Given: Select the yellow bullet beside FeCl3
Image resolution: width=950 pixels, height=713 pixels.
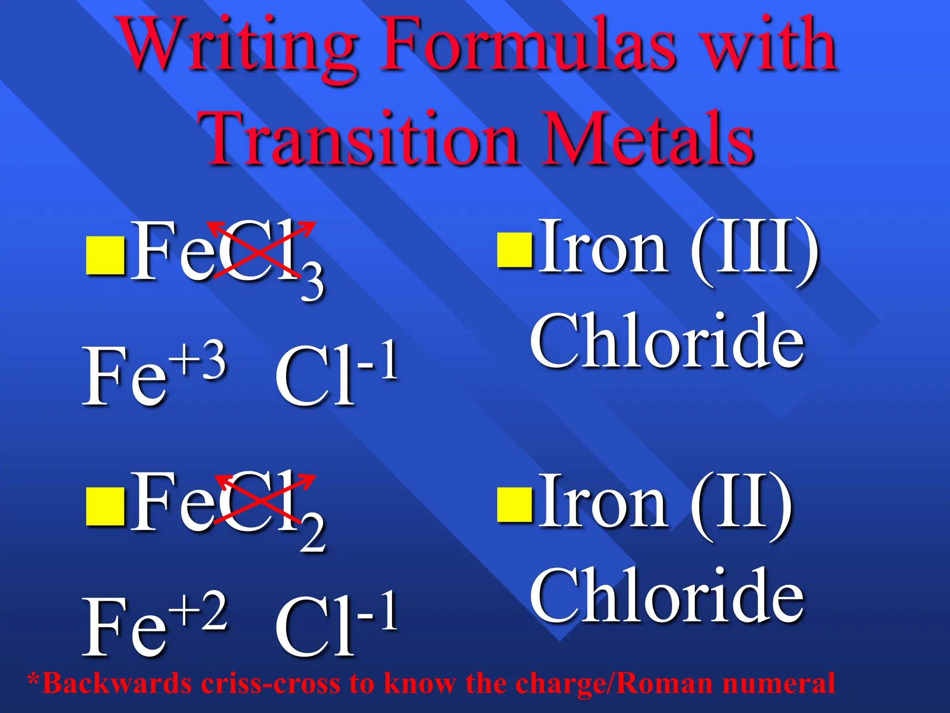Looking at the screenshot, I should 105,255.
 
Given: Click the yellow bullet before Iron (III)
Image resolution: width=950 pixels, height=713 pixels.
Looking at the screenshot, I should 514,250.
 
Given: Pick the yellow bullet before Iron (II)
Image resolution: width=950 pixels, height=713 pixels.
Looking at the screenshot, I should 514,504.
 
